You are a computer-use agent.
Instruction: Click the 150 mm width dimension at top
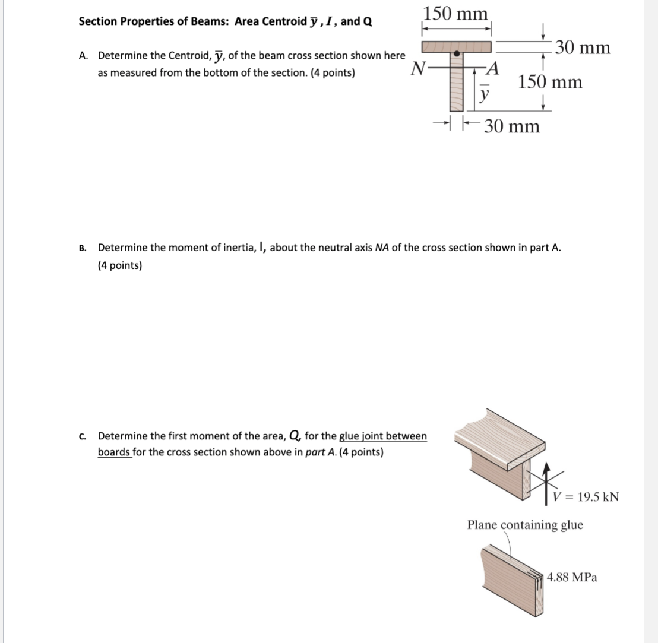[x=456, y=13]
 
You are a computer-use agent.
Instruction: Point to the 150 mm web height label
[x=550, y=82]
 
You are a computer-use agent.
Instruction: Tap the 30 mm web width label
[x=511, y=126]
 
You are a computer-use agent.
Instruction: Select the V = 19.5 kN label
[x=586, y=496]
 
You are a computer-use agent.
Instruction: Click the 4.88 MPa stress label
[x=572, y=577]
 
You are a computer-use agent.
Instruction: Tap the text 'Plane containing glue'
[x=525, y=525]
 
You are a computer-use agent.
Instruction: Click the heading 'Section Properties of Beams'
[x=156, y=22]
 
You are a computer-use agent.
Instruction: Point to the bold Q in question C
[x=294, y=436]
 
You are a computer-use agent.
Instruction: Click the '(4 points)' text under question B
[x=120, y=265]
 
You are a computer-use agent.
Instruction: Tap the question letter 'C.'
[x=83, y=436]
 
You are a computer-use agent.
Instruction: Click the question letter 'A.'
[x=84, y=56]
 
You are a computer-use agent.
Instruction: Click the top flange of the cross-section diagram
[x=456, y=46]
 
